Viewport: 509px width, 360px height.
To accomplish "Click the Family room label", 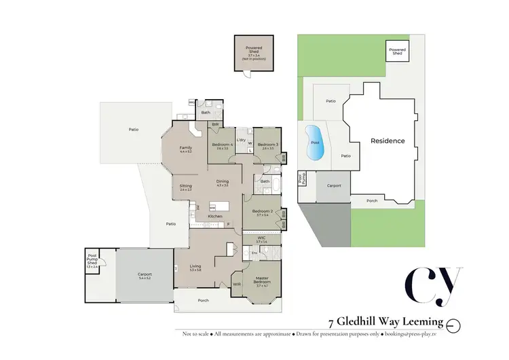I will [185, 148].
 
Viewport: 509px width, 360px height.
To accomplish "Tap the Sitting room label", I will [185, 186].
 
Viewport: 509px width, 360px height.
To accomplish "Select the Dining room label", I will [222, 182].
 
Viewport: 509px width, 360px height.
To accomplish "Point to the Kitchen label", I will [214, 216].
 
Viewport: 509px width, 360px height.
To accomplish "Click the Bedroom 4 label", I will [222, 145].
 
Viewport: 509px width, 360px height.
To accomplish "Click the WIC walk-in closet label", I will [261, 238].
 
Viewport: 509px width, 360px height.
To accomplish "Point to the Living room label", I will [195, 267].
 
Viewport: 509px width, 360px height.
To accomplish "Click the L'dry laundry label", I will [241, 139].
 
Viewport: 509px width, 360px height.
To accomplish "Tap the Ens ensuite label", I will [254, 253].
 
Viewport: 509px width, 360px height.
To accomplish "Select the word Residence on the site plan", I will [388, 141].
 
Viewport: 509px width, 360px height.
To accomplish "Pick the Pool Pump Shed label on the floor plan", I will [92, 260].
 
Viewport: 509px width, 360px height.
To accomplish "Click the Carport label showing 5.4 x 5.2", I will [145, 275].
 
